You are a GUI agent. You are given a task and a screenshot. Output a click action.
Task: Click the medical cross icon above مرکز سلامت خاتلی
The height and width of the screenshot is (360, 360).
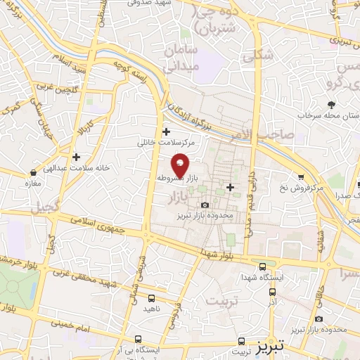tap(166, 131)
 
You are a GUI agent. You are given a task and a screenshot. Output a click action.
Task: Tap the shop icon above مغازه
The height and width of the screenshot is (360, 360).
tap(33, 172)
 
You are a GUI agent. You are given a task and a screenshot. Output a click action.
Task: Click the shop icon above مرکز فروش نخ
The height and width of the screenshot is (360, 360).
tap(301, 177)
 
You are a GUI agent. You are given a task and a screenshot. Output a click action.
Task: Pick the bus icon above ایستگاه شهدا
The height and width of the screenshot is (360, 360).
tap(262, 266)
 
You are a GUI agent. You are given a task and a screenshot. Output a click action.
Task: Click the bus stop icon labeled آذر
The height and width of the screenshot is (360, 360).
tap(273, 291)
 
